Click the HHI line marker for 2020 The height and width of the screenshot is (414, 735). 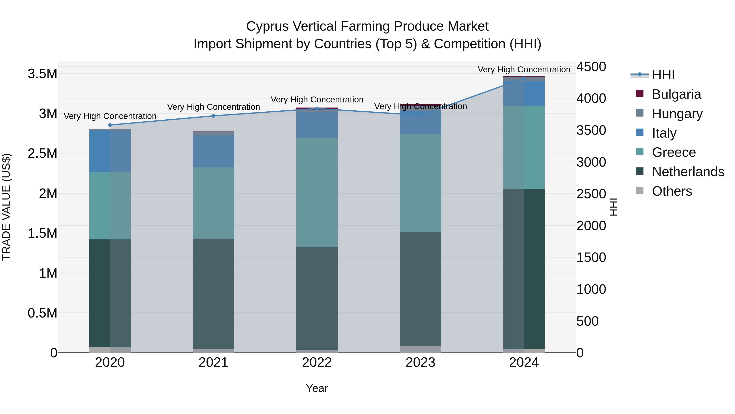coord(110,125)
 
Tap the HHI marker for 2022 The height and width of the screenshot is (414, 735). coord(317,109)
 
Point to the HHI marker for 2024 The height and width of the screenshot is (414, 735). coord(524,78)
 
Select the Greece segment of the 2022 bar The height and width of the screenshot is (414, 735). coord(317,193)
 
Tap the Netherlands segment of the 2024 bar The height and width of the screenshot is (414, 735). coord(524,269)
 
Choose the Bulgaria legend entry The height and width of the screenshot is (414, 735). coord(676,94)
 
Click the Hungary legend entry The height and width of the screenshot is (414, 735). coord(677,114)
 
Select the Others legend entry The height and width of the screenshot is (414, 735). coord(672,191)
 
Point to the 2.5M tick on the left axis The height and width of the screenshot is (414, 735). coord(42,153)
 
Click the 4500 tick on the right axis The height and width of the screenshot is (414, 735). coord(591,67)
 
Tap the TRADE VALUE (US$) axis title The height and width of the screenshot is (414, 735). coord(6,207)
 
